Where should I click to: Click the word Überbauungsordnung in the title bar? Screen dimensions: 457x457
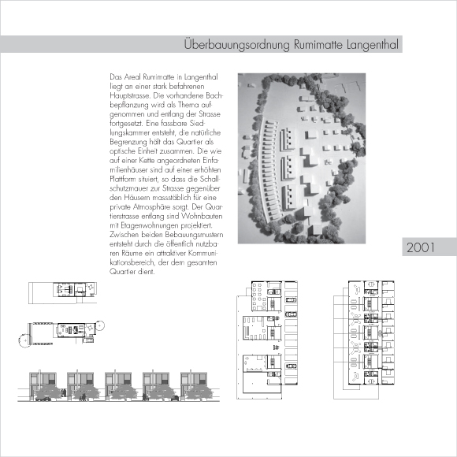(237, 45)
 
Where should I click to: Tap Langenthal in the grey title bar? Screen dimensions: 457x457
(372, 45)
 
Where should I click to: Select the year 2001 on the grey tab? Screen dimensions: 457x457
(420, 247)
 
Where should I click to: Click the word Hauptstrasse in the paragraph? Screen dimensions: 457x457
(129, 95)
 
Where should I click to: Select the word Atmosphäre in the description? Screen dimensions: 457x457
(151, 206)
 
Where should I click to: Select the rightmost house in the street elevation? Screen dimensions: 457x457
(194, 385)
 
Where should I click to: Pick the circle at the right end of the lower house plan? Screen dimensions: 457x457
(100, 325)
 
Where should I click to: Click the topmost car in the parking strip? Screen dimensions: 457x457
(291, 299)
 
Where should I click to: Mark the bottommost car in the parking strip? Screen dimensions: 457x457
(291, 366)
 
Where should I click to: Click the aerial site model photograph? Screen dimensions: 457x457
(302, 158)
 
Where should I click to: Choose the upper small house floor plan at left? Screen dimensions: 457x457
(63, 292)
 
